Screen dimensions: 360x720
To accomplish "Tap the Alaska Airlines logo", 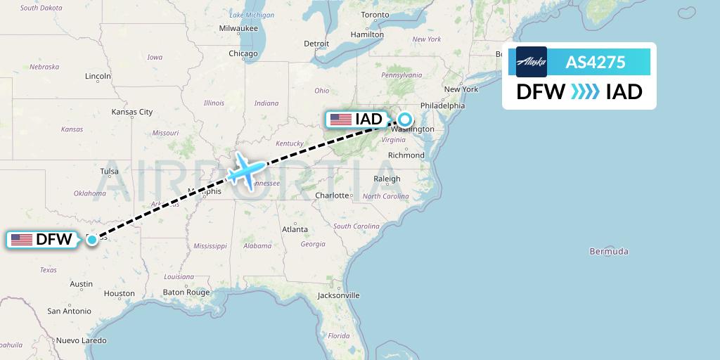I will point(531,62).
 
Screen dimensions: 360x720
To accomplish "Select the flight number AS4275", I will point(596,62).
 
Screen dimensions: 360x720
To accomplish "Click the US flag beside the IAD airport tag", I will point(341,119).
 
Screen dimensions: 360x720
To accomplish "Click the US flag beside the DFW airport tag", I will point(22,240).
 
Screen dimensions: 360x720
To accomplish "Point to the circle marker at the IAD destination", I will point(406,119).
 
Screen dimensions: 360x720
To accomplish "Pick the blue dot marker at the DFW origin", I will point(92,240).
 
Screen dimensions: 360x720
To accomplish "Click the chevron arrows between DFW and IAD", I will point(585,91).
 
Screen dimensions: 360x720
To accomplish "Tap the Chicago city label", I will point(243,53).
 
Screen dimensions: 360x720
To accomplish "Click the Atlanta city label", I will point(295,229).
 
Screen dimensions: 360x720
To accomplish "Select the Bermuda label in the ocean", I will point(609,251).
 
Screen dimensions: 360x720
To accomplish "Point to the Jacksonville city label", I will point(337,295).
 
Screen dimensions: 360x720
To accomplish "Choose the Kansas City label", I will point(132,112).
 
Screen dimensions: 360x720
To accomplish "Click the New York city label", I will point(461,89).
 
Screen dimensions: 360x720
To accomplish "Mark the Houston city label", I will point(119,293).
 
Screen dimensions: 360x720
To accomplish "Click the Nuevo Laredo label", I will point(81,340).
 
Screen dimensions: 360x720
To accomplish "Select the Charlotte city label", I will point(332,195).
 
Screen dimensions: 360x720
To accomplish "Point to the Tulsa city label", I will point(109,172).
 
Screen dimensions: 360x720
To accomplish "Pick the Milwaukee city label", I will point(238,28).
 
